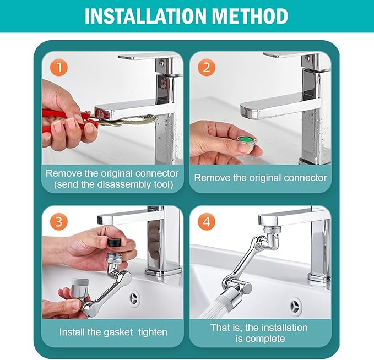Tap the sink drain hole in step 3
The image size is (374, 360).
point(135,298)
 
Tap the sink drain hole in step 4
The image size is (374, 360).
point(296,304)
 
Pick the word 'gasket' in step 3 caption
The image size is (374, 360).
point(111,332)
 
